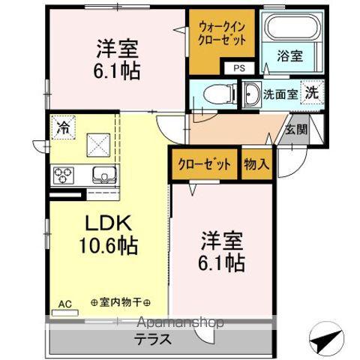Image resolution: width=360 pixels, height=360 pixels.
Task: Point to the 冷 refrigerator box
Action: click(x=63, y=128)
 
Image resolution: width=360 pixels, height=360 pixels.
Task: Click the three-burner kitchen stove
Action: click(x=63, y=175)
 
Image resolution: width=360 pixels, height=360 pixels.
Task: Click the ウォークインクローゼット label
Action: click(x=221, y=33)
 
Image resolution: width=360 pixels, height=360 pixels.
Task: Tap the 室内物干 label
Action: click(x=120, y=304)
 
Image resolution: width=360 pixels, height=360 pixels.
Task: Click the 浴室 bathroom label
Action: click(x=289, y=55)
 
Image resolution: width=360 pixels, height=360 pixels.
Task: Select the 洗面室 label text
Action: click(x=280, y=94)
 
